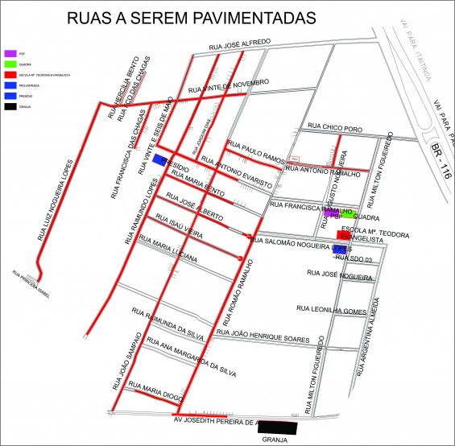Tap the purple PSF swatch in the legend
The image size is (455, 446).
tap(10, 53)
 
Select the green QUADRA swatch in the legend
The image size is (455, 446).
tap(10, 64)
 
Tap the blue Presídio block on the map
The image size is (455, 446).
tap(161, 159)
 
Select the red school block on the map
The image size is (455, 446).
tap(343, 235)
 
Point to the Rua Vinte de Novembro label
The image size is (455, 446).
tap(227, 84)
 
